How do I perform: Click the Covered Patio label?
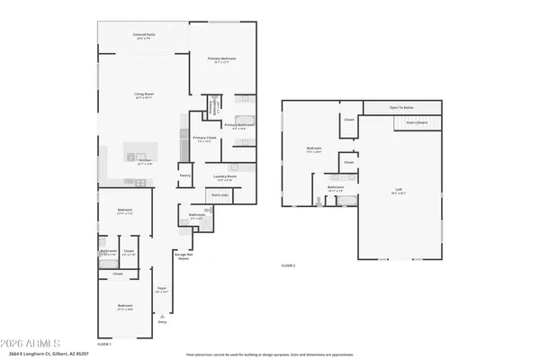(144, 36)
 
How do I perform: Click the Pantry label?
(184, 175)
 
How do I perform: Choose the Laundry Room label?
(225, 176)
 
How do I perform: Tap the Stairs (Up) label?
(219, 194)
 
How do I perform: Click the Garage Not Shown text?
(183, 256)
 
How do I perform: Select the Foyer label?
(162, 289)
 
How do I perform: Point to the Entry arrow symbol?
(162, 316)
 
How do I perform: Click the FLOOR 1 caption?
(104, 344)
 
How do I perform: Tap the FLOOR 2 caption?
(288, 265)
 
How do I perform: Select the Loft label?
(399, 192)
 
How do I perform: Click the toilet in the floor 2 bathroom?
(321, 201)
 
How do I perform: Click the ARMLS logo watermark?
(31, 343)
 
